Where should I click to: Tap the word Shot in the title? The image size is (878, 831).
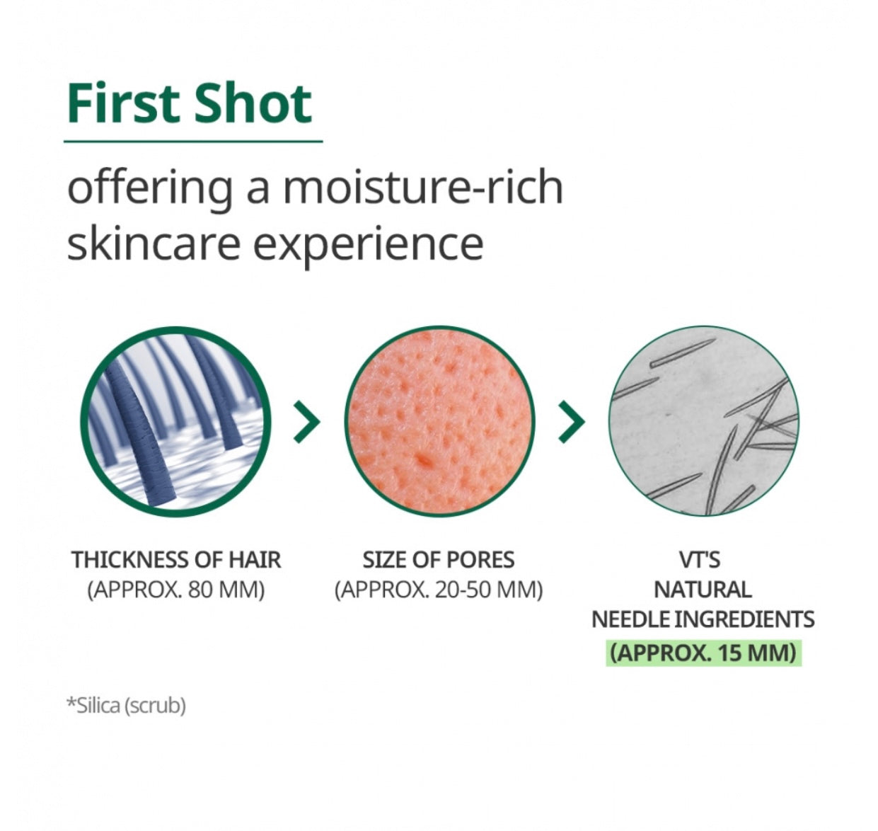click(253, 103)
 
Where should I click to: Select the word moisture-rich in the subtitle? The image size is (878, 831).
click(423, 188)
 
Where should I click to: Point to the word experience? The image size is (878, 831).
click(369, 246)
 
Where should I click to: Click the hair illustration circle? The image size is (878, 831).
click(175, 421)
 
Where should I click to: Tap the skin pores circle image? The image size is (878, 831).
click(439, 421)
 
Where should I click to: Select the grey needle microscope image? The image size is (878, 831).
click(704, 421)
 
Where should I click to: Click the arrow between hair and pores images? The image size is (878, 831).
click(307, 422)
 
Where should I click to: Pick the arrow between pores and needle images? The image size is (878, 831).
click(572, 422)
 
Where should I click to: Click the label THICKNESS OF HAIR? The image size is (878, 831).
click(176, 561)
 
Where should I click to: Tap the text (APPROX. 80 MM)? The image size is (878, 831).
click(176, 590)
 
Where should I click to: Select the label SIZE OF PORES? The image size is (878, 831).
click(439, 561)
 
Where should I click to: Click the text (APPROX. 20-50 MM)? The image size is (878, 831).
click(439, 590)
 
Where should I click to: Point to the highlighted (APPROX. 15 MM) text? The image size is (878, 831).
click(703, 653)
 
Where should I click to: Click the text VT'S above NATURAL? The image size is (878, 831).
click(700, 560)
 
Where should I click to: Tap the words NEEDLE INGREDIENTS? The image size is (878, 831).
click(703, 619)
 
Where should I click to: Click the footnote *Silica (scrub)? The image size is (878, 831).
click(126, 706)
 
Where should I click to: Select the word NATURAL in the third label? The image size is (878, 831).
click(703, 590)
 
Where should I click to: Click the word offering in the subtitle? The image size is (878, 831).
click(150, 188)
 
